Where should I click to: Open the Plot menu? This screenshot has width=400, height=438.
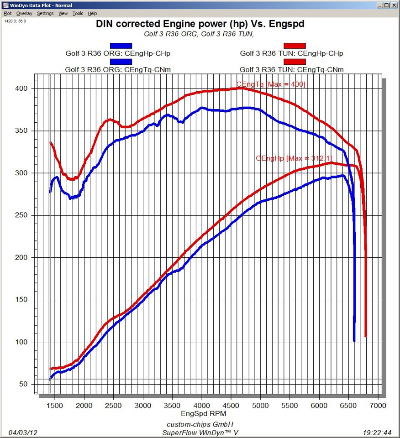coord(7,14)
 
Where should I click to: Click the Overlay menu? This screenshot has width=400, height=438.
coord(25,14)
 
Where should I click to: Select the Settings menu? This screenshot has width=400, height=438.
coord(45,14)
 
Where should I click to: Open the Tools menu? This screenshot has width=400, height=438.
coord(78,14)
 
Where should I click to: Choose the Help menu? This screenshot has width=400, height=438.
coord(92,14)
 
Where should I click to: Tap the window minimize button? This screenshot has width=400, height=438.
coord(379,5)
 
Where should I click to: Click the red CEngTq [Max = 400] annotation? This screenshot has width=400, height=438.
coord(271,84)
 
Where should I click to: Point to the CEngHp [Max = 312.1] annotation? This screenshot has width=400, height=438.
coord(294,158)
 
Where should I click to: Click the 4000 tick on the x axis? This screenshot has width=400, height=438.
coord(201,406)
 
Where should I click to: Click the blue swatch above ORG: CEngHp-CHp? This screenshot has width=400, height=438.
coord(121,46)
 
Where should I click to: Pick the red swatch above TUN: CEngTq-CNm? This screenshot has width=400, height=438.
coord(295,62)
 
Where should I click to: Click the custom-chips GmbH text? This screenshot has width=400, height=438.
coord(200,424)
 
